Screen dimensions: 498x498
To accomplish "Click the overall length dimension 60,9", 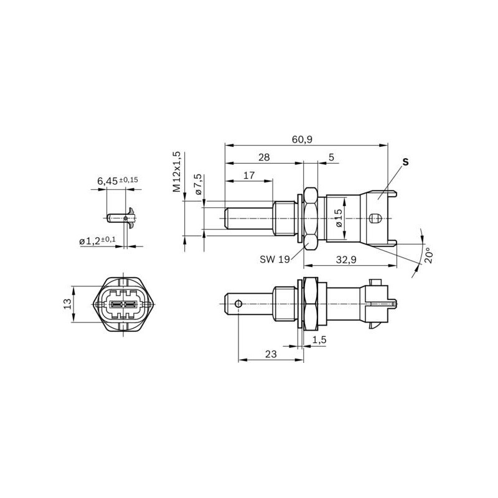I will click(x=301, y=139).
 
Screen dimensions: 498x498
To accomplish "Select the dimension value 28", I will click(x=264, y=157).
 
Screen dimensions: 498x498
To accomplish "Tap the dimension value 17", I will click(x=248, y=176).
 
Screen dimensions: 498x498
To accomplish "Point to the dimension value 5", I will click(x=331, y=157).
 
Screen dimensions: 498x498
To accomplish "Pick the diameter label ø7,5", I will click(x=197, y=186).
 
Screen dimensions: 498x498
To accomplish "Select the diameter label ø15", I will click(x=339, y=218).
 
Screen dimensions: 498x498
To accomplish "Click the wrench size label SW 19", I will click(x=275, y=260).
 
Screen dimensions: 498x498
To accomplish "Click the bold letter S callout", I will click(x=405, y=162).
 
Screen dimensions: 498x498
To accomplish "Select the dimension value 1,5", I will click(x=319, y=340).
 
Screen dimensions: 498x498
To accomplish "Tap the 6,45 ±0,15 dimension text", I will click(x=117, y=181).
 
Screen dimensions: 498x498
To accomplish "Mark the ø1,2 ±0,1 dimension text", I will click(x=97, y=240).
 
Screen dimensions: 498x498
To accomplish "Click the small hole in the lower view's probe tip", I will click(x=238, y=304).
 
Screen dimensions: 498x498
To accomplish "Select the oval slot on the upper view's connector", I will click(x=374, y=218).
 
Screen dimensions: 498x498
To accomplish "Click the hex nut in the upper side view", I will click(x=310, y=218).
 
